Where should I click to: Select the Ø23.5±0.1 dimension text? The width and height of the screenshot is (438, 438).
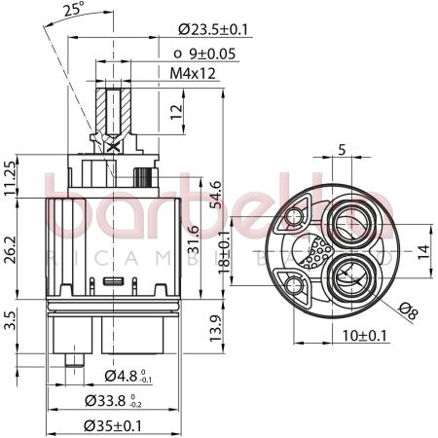click(212, 30)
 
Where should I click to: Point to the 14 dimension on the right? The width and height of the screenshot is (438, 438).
click(423, 250)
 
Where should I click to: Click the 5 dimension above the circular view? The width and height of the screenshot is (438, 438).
click(341, 151)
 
